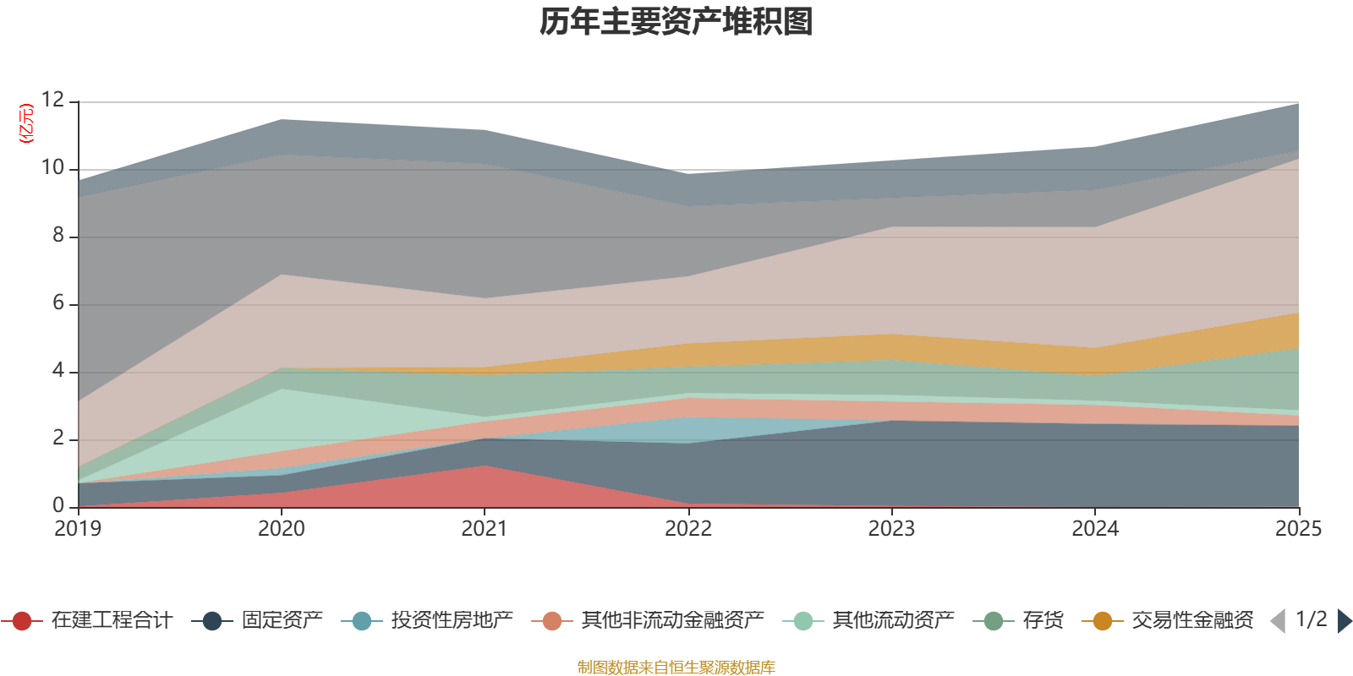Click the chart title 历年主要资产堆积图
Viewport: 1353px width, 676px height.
tap(676, 22)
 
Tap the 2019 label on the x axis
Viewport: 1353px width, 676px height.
tap(78, 529)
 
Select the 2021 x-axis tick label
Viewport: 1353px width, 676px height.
tap(484, 529)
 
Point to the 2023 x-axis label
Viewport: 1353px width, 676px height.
tap(891, 529)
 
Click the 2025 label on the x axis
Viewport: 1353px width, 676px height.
tap(1297, 529)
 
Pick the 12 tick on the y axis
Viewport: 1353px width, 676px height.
tap(52, 100)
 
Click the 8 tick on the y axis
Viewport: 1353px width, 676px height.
tap(58, 235)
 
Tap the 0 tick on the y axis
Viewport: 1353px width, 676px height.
tap(58, 505)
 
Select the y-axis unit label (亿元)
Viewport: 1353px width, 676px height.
tap(26, 123)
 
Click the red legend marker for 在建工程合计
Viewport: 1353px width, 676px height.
tap(22, 621)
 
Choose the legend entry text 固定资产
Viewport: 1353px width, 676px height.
tap(282, 621)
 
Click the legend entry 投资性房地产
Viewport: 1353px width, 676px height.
tap(452, 621)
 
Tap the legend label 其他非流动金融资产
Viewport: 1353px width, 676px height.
tap(672, 621)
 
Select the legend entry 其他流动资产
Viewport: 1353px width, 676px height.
tap(893, 621)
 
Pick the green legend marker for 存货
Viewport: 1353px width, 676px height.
tap(994, 621)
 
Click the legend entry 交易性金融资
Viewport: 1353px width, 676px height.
tap(1192, 621)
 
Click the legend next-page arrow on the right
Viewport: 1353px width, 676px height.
tap(1344, 621)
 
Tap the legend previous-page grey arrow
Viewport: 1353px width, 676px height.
tap(1278, 621)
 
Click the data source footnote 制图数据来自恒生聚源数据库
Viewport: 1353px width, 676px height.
tap(676, 668)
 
